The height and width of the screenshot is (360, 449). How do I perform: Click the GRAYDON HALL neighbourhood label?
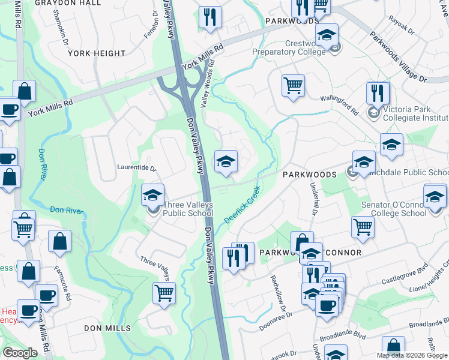click(76, 3)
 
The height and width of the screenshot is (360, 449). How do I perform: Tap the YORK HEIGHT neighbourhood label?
click(97, 53)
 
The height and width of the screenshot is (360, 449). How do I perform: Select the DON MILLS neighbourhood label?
click(107, 328)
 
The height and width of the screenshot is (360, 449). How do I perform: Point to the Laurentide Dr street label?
click(136, 169)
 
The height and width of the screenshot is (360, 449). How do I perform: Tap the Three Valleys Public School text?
click(188, 209)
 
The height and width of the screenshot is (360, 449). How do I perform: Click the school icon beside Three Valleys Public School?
click(152, 194)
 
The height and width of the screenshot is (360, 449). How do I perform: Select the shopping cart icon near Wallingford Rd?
click(293, 85)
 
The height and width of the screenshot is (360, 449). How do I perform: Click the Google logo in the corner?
click(20, 353)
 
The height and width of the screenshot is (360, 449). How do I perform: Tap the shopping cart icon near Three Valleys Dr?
click(164, 293)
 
